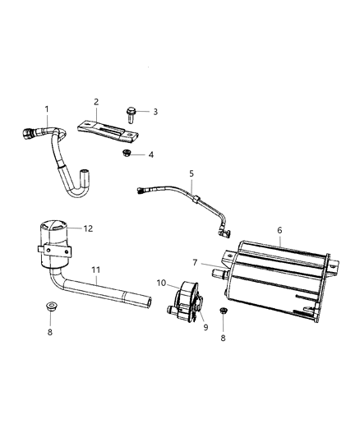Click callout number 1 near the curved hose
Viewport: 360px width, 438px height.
(x=47, y=109)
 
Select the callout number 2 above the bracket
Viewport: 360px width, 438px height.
(x=96, y=102)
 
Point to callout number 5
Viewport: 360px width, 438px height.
(x=191, y=174)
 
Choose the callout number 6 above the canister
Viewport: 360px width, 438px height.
(x=279, y=232)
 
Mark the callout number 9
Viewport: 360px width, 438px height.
(x=205, y=327)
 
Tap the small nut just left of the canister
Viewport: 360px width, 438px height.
(x=224, y=311)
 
